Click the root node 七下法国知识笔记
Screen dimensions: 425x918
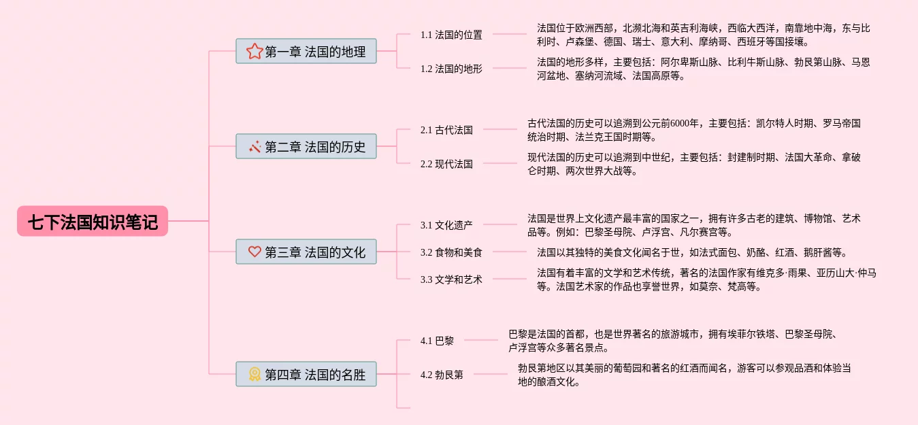[x=93, y=222]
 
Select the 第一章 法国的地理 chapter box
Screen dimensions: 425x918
[x=306, y=51]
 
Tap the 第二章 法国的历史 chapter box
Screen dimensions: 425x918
[x=306, y=146]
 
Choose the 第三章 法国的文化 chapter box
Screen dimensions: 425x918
[x=306, y=252]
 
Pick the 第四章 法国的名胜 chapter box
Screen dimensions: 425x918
[x=306, y=374]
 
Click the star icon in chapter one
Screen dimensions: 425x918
[x=255, y=51]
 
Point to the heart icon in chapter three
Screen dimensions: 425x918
[x=255, y=252]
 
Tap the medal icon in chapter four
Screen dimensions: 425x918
[x=255, y=374]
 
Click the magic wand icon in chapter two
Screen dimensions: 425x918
[x=255, y=146]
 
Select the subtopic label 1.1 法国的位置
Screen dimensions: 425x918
[x=451, y=34]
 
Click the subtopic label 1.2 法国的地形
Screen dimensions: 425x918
[x=451, y=68]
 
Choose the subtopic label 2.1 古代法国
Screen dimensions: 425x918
[x=446, y=129]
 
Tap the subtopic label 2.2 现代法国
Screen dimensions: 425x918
[x=446, y=164]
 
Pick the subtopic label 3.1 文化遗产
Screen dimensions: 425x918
[x=446, y=224]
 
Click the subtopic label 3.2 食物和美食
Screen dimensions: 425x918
[x=451, y=252]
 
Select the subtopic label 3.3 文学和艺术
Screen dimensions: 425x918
[x=451, y=279]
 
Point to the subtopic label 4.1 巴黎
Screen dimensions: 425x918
[x=437, y=340]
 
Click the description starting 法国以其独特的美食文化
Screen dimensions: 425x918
[x=691, y=252]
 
